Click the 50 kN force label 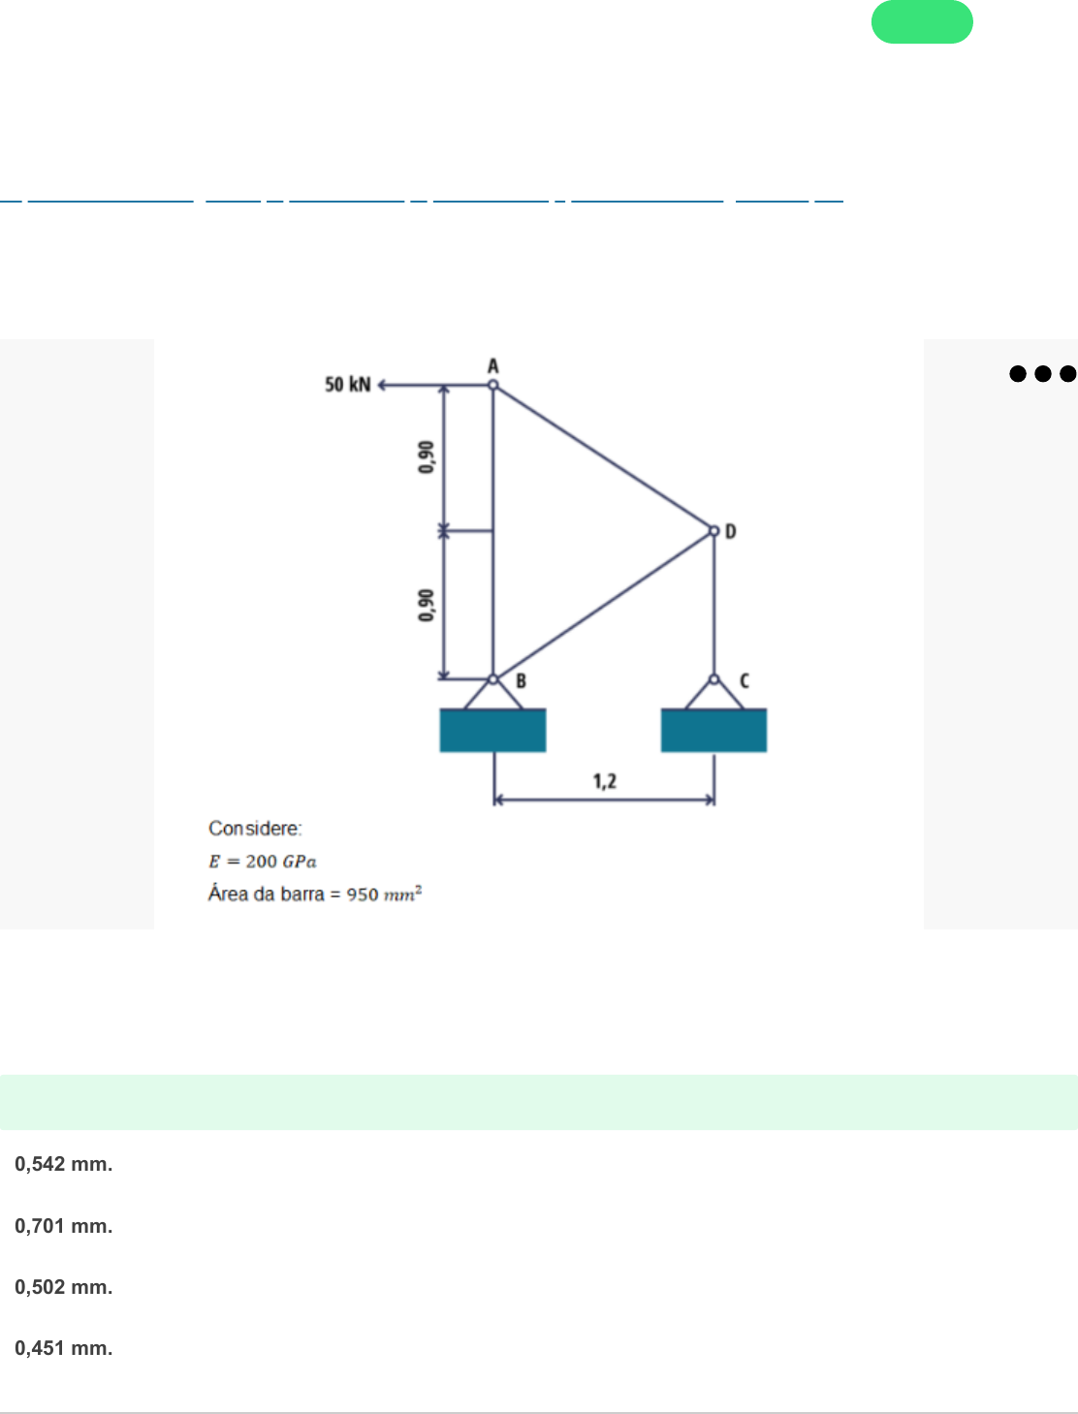click(347, 385)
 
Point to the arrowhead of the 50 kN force click(382, 385)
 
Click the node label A click(492, 366)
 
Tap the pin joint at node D click(714, 531)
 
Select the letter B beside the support click(521, 681)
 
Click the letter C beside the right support click(744, 681)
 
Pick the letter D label click(731, 531)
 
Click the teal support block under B click(492, 730)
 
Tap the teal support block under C click(713, 730)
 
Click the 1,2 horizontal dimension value click(605, 781)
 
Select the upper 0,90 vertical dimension click(426, 456)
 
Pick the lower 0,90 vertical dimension click(426, 605)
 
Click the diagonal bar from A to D click(603, 457)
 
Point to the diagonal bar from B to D click(603, 606)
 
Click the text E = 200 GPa click(263, 862)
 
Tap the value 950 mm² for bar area click(384, 894)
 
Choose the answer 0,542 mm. click(64, 1164)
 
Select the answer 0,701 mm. click(64, 1226)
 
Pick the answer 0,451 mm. click(64, 1348)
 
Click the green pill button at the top click(922, 22)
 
